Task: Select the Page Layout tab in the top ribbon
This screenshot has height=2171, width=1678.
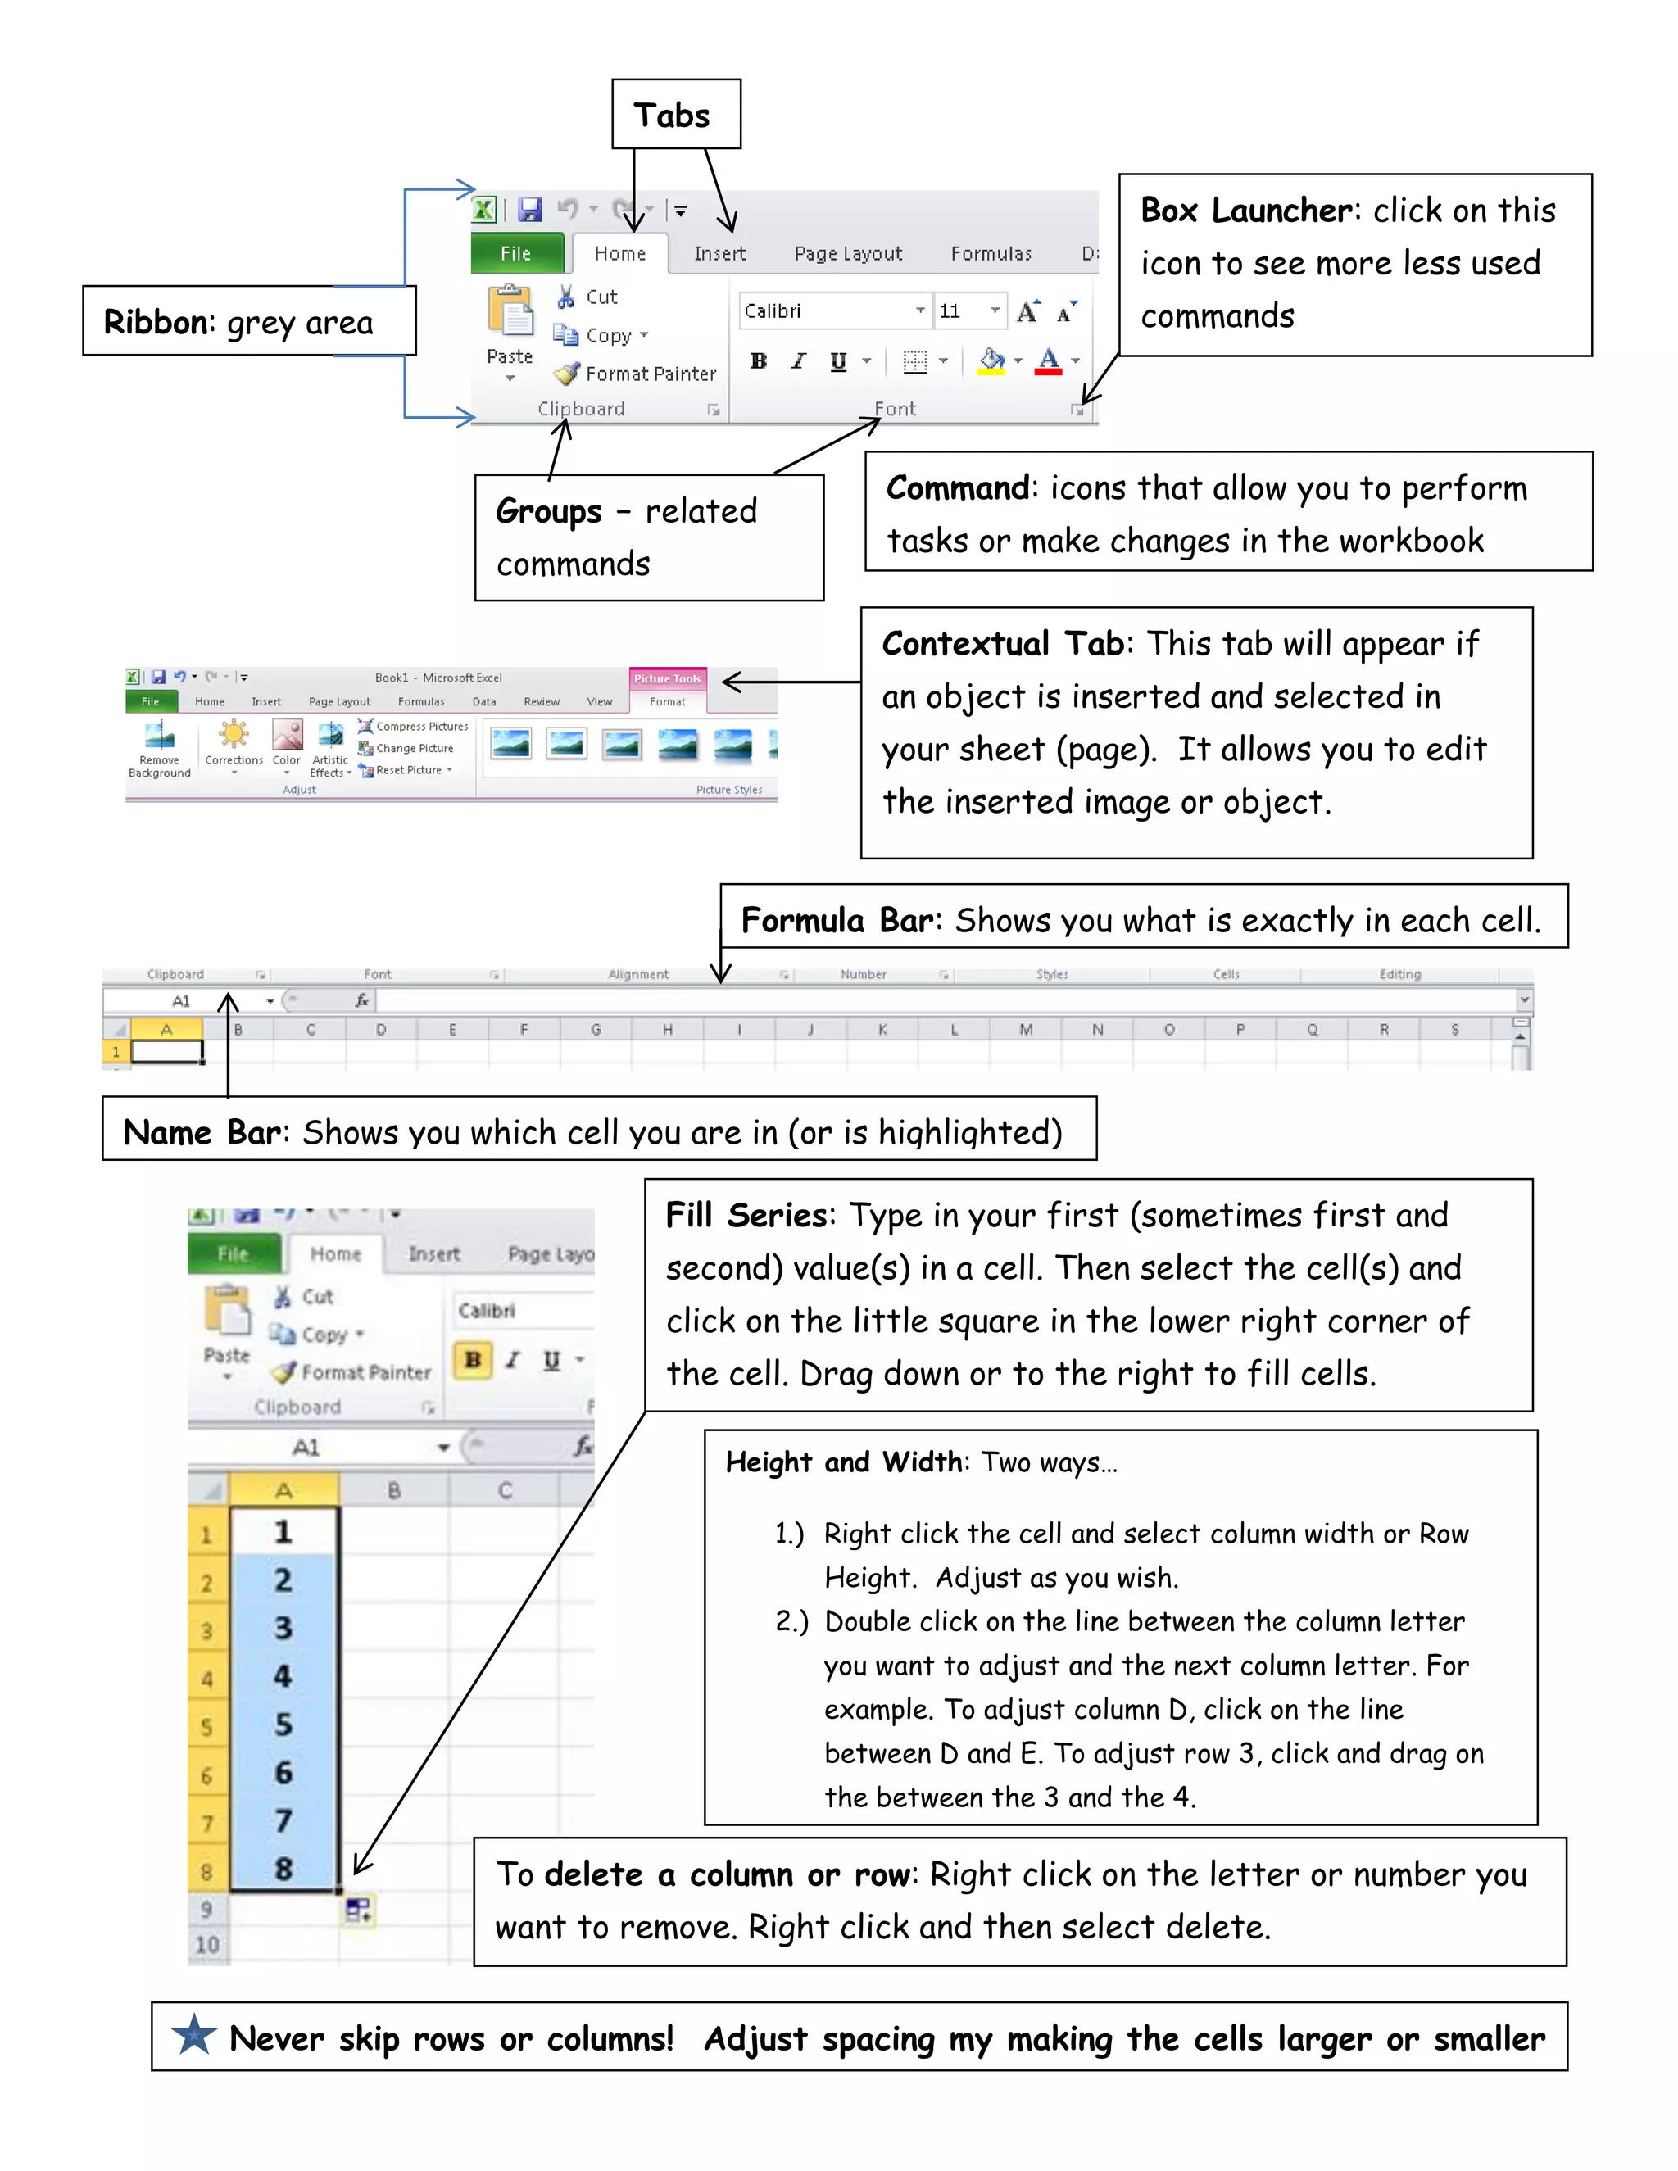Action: click(x=848, y=253)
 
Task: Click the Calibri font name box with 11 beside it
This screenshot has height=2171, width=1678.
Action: click(x=832, y=311)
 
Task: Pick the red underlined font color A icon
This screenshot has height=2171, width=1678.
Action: click(x=1048, y=360)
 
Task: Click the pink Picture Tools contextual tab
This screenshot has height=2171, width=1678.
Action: click(x=667, y=678)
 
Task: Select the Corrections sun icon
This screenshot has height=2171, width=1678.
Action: click(x=234, y=735)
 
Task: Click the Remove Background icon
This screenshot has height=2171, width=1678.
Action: click(x=159, y=737)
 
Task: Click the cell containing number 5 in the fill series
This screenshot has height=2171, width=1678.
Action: click(x=283, y=1724)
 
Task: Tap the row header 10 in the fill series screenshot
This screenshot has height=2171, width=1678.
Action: click(x=206, y=1944)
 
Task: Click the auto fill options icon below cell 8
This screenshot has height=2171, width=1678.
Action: click(x=358, y=1909)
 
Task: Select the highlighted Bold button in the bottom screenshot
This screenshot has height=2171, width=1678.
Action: click(x=474, y=1359)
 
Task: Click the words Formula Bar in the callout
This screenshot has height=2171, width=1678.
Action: click(x=836, y=921)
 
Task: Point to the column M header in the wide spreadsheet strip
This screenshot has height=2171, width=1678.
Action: click(x=1025, y=1030)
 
